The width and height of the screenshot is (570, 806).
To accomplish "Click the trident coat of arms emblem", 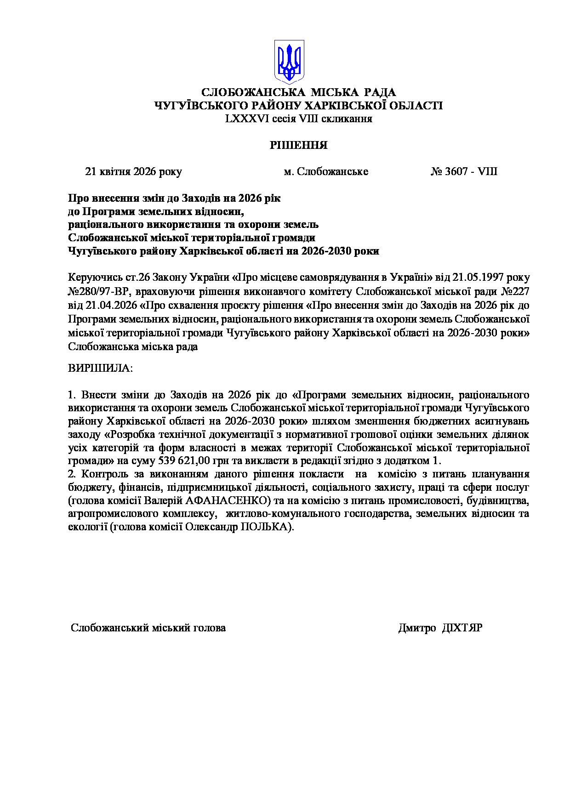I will point(288,61).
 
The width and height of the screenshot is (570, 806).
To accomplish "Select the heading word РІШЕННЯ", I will point(298,146).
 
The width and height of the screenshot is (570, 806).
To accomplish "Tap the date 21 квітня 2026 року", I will point(133,172).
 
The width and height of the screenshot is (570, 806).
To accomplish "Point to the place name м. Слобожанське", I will point(326,172).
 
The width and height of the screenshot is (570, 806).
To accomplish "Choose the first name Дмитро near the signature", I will point(417,628).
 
